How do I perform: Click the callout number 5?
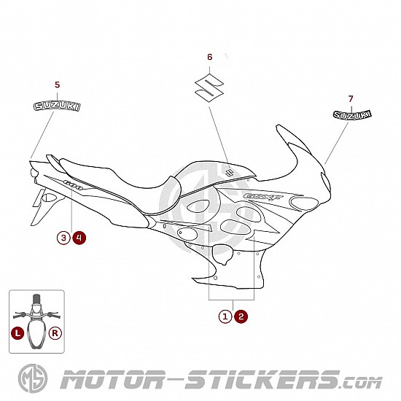58,85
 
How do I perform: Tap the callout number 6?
210,57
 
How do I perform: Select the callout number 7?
351,98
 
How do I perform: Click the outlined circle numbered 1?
225,316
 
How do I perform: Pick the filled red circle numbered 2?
241,316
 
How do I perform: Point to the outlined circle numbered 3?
63,238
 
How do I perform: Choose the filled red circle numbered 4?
79,238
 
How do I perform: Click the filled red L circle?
17,333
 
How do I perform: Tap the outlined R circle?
55,333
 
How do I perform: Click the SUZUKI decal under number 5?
57,106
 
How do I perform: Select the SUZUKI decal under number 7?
352,114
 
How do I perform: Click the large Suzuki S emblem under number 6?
209,87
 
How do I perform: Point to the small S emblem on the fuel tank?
229,173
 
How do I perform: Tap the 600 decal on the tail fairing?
73,185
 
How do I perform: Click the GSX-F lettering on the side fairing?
263,197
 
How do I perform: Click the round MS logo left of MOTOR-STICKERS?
33,378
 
